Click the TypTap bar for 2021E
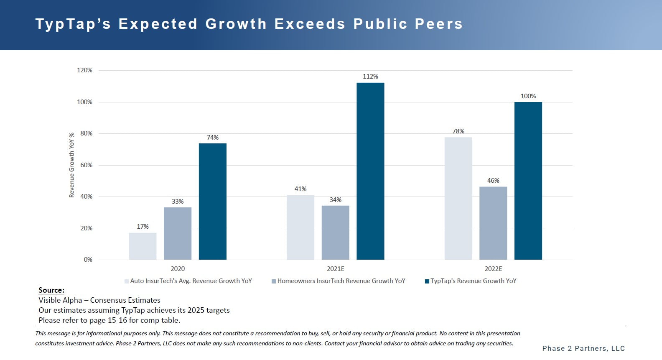[x=370, y=171]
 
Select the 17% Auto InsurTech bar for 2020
[x=143, y=246]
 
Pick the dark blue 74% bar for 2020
[x=212, y=202]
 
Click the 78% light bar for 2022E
[x=458, y=198]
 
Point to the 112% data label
[x=370, y=77]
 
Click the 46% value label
[x=493, y=181]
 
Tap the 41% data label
[x=300, y=189]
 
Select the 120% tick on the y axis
[x=84, y=70]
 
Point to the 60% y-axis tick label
[x=86, y=165]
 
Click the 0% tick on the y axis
[x=88, y=260]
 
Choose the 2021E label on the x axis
[x=336, y=269]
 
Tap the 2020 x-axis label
[x=178, y=269]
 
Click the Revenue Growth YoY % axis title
[x=71, y=165]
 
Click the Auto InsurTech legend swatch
[x=127, y=281]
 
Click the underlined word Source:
[x=51, y=290]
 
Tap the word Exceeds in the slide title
[x=310, y=24]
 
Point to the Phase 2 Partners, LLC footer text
[x=583, y=348]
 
